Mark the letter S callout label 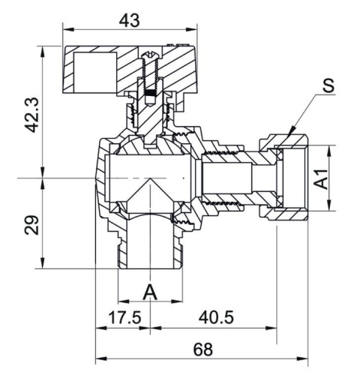pos(327,86)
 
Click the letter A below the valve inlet pos(149,290)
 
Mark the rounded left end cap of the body pos(100,178)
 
